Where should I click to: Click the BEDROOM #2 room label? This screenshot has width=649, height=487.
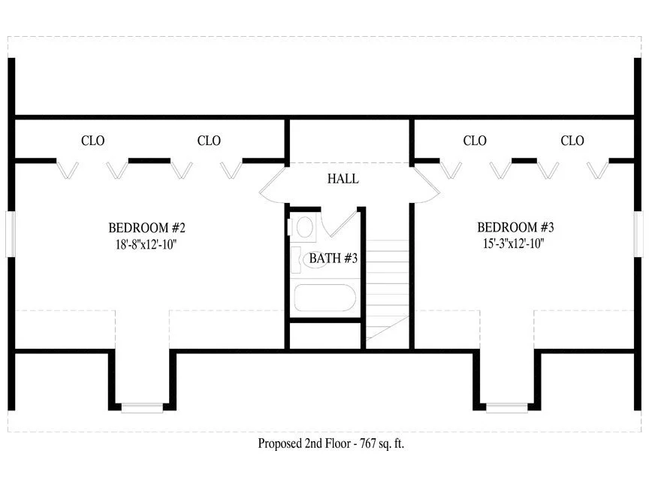(x=147, y=228)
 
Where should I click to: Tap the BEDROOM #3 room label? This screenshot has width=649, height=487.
(x=515, y=228)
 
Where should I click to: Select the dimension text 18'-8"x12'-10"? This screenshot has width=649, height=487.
(x=146, y=244)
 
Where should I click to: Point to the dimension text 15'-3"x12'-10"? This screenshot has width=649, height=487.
(x=513, y=243)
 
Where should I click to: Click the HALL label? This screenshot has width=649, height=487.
(x=343, y=179)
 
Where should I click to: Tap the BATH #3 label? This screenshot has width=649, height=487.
(x=334, y=259)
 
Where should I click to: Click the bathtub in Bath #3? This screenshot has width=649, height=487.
(x=325, y=298)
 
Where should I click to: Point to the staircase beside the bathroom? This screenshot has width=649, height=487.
(x=388, y=290)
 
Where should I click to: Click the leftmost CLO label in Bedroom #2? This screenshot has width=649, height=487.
(x=92, y=141)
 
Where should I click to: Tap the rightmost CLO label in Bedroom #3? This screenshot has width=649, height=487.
(x=572, y=141)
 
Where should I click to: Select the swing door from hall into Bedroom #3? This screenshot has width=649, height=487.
(x=427, y=185)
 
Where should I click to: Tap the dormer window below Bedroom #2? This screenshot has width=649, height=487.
(x=142, y=408)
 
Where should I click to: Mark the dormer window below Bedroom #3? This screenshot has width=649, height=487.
(x=507, y=408)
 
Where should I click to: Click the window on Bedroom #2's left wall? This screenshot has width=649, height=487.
(x=11, y=234)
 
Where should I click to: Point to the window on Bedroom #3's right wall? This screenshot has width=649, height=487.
(x=638, y=234)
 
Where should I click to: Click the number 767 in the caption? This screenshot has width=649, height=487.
(x=368, y=443)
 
